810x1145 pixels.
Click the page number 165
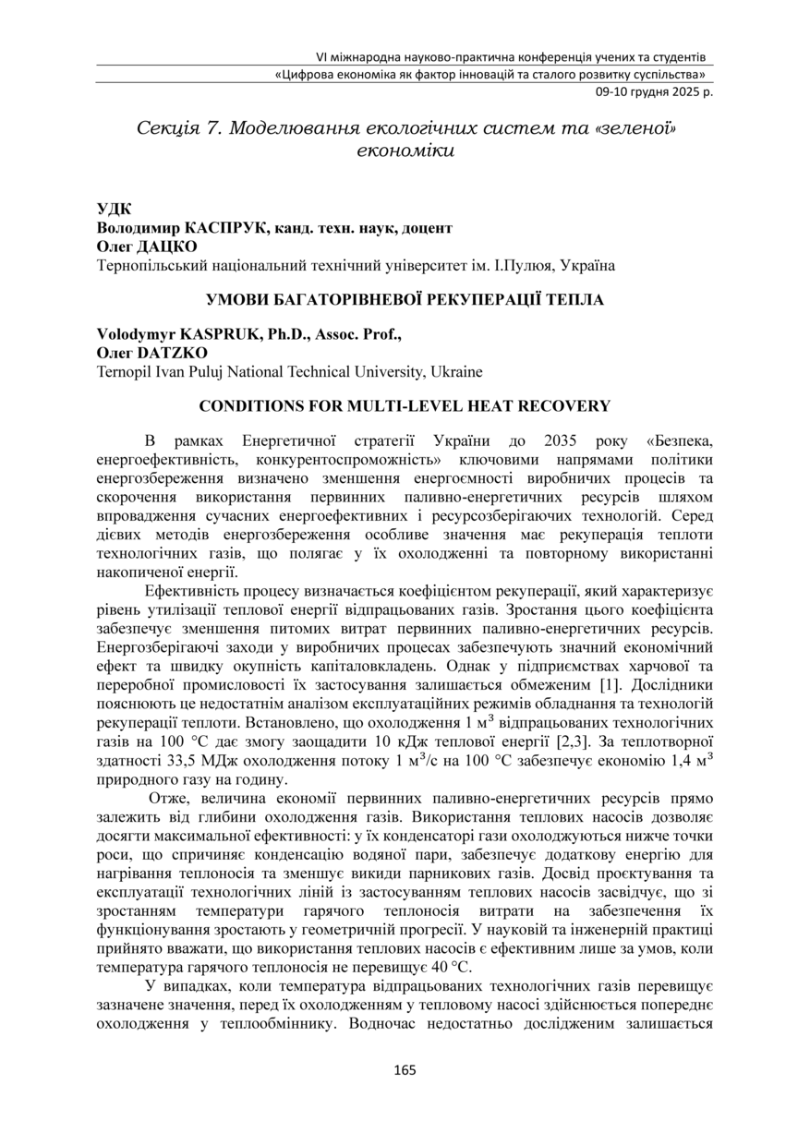[x=405, y=1070]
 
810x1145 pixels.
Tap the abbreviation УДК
[x=115, y=209]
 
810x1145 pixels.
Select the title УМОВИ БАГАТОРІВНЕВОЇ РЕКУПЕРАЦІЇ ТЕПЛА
[x=405, y=299]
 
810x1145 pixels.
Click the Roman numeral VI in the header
[x=322, y=56]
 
